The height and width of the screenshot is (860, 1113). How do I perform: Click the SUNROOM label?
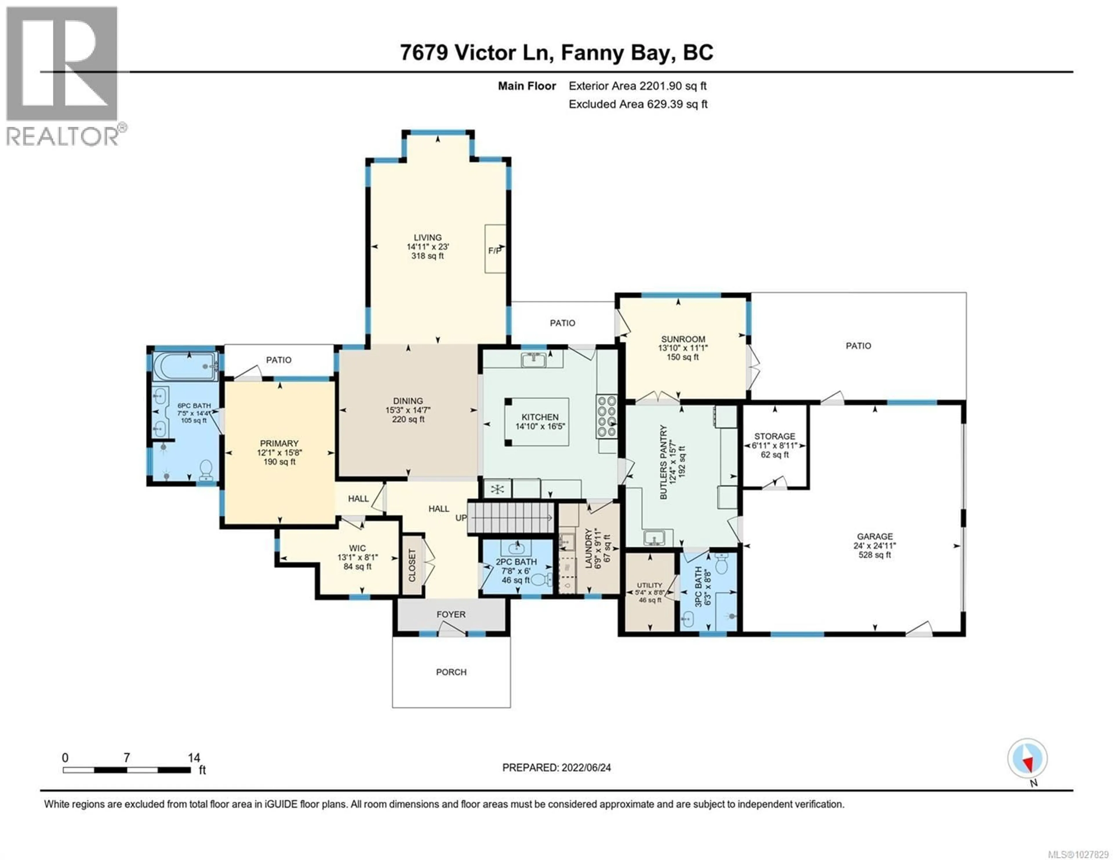683,339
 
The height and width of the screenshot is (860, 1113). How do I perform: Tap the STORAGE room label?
775,436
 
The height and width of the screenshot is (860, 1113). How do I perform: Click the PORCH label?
451,672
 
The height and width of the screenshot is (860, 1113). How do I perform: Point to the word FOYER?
451,614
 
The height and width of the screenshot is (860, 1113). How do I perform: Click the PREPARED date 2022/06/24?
556,768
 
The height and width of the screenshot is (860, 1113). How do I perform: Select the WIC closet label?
357,548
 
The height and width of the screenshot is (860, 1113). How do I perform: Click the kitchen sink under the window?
534,360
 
